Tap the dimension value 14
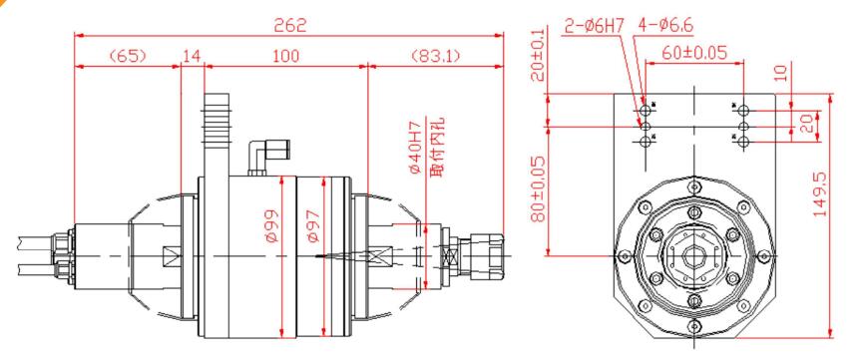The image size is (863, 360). [191, 57]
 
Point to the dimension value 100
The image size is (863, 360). [286, 57]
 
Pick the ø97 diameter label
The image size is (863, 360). [311, 229]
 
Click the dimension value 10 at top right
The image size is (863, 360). [779, 73]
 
